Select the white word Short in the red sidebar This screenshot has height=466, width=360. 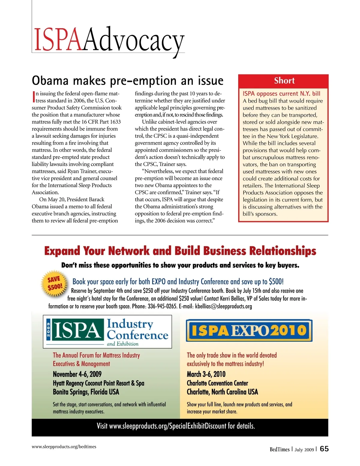pos(284,81)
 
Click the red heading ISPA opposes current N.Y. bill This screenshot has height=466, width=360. pos(281,94)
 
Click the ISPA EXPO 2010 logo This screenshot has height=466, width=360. pos(249,330)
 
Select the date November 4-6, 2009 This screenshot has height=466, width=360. pos(77,374)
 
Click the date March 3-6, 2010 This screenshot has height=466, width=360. pos(206,374)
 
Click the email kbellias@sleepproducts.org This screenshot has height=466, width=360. pos(223,306)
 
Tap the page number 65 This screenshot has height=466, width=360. pos(324,449)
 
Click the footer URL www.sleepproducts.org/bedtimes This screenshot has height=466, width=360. pos(64,446)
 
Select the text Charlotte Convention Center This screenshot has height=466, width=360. pos(217,383)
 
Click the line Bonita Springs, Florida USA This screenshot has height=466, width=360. pos(86,392)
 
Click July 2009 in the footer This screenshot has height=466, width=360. pos(304,449)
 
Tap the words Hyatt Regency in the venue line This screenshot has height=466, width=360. pos(68,383)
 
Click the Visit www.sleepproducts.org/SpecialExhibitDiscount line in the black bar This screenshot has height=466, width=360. pos(176,426)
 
